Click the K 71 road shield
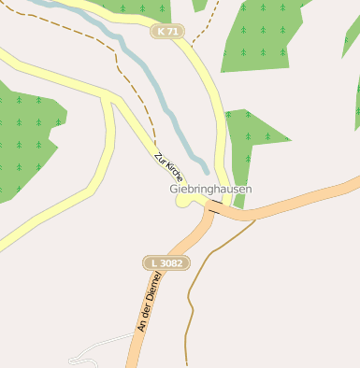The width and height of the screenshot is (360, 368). (x=167, y=32)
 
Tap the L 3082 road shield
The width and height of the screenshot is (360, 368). (x=166, y=263)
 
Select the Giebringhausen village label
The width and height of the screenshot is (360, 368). (x=211, y=189)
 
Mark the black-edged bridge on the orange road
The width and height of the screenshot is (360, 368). (x=215, y=210)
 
